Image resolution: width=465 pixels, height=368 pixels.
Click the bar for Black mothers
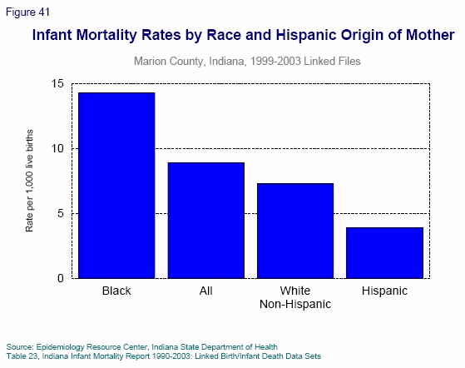tap(116, 186)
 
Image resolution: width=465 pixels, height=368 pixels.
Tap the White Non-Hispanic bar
tap(294, 231)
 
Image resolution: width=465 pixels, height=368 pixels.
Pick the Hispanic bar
tap(383, 252)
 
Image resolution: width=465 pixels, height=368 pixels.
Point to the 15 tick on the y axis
tap(57, 84)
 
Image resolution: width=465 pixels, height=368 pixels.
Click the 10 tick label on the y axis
tap(57, 148)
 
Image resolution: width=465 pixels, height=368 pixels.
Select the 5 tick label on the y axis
tap(60, 213)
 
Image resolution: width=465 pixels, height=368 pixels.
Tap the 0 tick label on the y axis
tap(60, 278)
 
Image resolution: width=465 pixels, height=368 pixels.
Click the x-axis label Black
tap(116, 291)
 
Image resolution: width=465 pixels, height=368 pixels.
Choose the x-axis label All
tap(205, 291)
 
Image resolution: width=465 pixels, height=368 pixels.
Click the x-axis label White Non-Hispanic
tap(294, 297)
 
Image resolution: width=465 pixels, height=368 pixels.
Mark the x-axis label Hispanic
tap(383, 291)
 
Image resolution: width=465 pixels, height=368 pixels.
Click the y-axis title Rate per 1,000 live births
tap(29, 181)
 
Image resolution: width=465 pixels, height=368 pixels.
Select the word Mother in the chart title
tap(427, 36)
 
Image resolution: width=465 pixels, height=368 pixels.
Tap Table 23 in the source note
tap(22, 354)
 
